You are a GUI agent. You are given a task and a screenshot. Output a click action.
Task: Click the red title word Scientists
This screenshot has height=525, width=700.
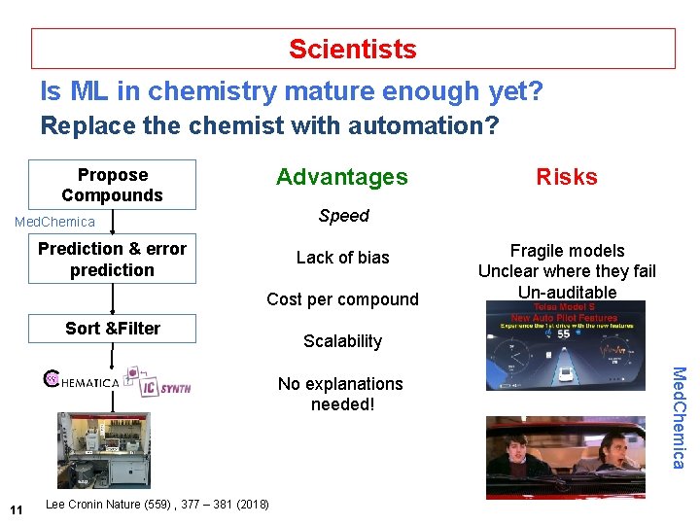pyautogui.click(x=352, y=49)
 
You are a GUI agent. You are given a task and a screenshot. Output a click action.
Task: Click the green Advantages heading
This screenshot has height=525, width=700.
pyautogui.click(x=341, y=177)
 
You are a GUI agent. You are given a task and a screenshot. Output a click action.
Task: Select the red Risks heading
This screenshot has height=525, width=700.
pyautogui.click(x=567, y=177)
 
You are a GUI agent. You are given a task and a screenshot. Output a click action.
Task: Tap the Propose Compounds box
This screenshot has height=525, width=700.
pyautogui.click(x=112, y=185)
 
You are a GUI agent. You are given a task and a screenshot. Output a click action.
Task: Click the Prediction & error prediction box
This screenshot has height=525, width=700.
pyautogui.click(x=112, y=259)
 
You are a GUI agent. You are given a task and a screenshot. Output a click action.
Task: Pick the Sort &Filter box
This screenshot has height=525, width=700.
pyautogui.click(x=112, y=329)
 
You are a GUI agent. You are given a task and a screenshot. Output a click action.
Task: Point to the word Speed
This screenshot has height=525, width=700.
pyautogui.click(x=343, y=216)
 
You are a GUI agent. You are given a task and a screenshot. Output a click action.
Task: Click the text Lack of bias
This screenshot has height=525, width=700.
pyautogui.click(x=342, y=258)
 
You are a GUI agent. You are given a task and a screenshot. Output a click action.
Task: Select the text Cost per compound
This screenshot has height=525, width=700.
pyautogui.click(x=342, y=299)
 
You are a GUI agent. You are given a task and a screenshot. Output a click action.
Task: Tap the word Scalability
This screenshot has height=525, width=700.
pyautogui.click(x=342, y=341)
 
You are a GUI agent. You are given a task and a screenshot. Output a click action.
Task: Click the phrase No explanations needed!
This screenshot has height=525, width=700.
pyautogui.click(x=340, y=394)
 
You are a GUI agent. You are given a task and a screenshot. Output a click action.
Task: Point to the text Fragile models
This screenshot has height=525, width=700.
pyautogui.click(x=567, y=251)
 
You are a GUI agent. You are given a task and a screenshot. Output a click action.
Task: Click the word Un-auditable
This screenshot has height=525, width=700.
pyautogui.click(x=567, y=292)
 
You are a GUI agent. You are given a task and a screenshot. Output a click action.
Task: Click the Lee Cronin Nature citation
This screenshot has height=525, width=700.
pyautogui.click(x=157, y=504)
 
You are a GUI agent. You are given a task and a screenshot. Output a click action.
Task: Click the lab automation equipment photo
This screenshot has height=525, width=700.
pyautogui.click(x=103, y=449)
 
